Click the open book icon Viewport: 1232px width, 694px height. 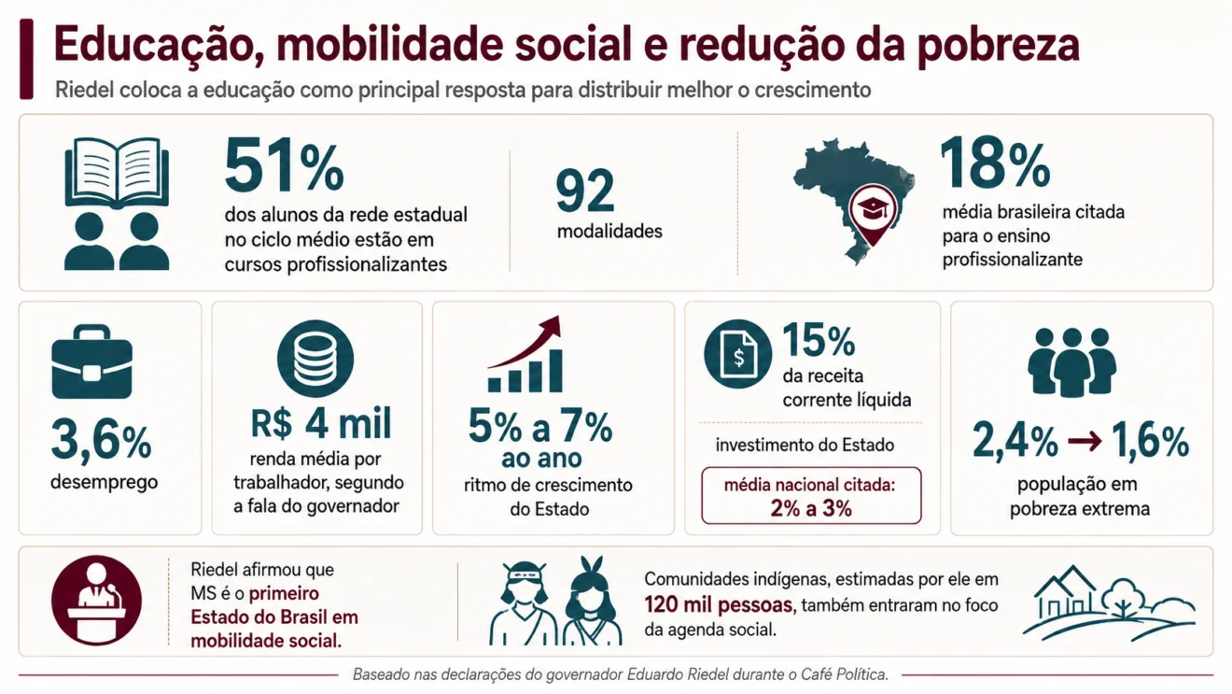point(117,173)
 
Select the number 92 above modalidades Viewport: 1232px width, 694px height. point(584,191)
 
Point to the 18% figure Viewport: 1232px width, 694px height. point(995,163)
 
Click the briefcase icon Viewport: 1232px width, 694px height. point(91,361)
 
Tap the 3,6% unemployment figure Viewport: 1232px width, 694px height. point(101,440)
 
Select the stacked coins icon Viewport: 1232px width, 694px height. point(315,359)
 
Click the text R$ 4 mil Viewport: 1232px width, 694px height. point(321,423)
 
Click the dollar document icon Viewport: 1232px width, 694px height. point(737,354)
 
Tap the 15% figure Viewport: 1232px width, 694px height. point(819,340)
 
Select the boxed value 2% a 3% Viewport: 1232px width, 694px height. point(811,508)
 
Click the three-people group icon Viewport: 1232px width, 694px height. point(1072,362)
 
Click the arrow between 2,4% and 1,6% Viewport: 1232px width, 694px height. point(1085,441)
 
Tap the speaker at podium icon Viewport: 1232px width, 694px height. point(96,601)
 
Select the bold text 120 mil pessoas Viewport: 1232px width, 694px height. point(721,605)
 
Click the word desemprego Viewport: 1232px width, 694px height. point(104,483)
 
